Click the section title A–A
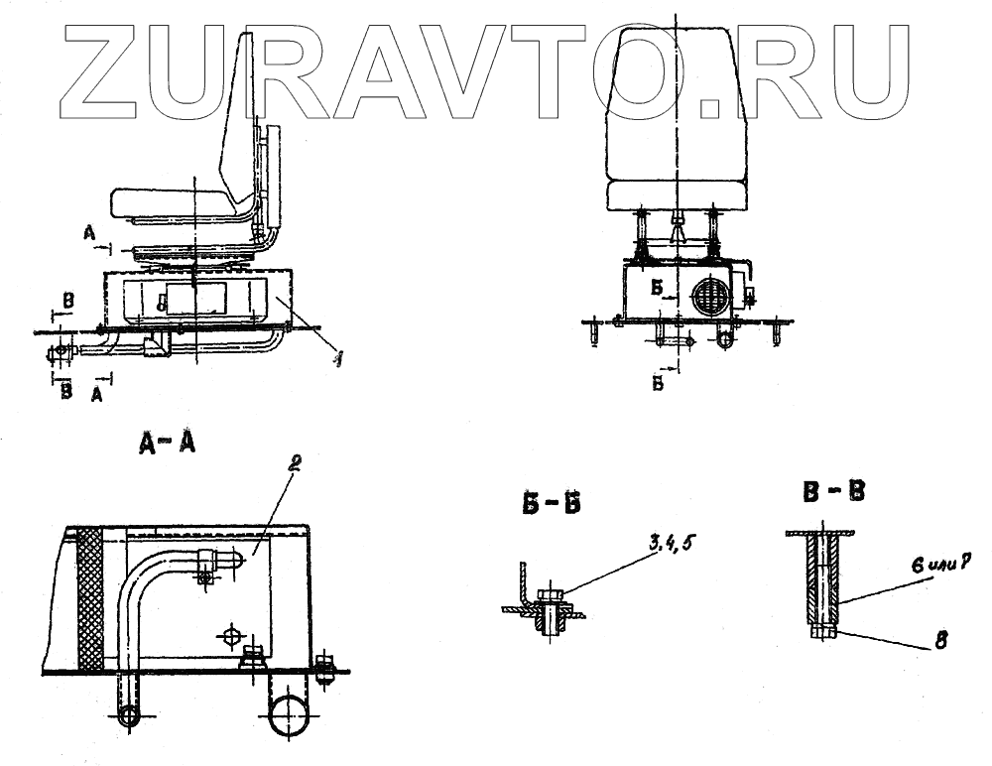click(166, 444)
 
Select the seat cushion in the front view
click(674, 194)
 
